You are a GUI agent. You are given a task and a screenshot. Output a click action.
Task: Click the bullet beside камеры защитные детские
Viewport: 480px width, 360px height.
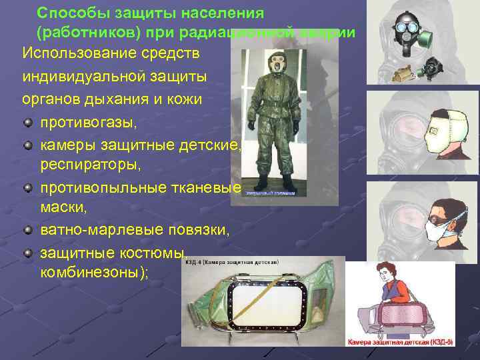click(27, 144)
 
